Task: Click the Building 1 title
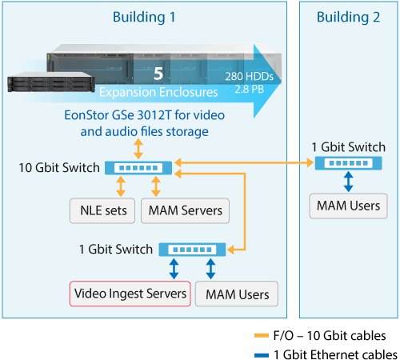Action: coord(144,17)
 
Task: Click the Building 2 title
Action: coord(348,17)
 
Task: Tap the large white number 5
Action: coord(158,74)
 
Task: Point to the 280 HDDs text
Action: coord(249,77)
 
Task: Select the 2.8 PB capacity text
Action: coord(249,89)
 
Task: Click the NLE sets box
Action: coord(102,210)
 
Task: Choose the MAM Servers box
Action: coord(185,210)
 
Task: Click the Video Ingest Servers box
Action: coord(130,294)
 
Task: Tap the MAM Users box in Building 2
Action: coord(348,206)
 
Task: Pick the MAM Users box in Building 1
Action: coord(237,294)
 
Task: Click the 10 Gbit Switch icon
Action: coord(138,168)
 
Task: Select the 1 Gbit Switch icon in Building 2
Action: coord(348,163)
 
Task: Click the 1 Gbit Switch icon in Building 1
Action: coord(192,250)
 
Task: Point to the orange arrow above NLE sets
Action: coord(121,186)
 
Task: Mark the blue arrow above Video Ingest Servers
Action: coord(174,269)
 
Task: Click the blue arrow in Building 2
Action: coord(348,182)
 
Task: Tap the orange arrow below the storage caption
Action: coord(138,149)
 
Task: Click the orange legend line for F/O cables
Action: coord(262,336)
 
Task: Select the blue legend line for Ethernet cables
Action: coord(262,355)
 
